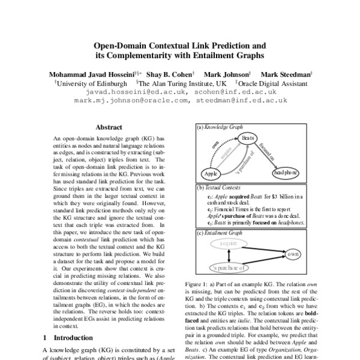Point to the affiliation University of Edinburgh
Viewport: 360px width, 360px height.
pyautogui.click(x=91, y=83)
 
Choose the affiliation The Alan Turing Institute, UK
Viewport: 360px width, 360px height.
pyautogui.click(x=183, y=83)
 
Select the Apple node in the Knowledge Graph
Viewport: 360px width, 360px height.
pyautogui.click(x=209, y=173)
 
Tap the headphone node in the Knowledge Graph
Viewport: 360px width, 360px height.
pyautogui.click(x=287, y=172)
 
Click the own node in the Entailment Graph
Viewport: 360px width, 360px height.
pyautogui.click(x=293, y=254)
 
